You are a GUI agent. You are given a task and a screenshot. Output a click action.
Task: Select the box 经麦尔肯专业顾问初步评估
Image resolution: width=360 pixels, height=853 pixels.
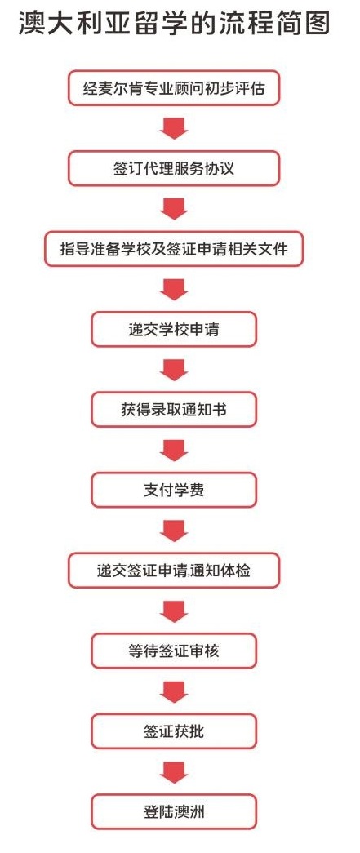pos(174,87)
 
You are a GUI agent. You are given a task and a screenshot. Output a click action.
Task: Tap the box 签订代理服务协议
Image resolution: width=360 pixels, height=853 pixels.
pos(174,168)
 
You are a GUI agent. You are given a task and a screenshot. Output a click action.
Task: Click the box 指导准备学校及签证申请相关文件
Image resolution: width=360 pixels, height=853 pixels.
pos(174,249)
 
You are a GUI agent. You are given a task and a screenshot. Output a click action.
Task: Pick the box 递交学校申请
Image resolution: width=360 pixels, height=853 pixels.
pos(174,329)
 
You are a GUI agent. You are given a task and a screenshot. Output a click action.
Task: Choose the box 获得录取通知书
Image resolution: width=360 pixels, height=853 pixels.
pos(174,410)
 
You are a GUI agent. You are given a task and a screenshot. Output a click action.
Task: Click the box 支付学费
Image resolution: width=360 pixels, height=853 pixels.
pos(174,490)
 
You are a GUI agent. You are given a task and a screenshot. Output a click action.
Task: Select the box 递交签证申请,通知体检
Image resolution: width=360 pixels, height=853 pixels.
pos(174,571)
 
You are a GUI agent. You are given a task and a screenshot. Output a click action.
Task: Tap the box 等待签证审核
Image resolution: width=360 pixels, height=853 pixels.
pos(174,651)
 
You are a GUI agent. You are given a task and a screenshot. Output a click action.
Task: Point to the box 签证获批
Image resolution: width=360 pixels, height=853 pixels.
pos(174,731)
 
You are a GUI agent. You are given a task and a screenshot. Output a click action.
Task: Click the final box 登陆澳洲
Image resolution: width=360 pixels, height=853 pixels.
pos(174,812)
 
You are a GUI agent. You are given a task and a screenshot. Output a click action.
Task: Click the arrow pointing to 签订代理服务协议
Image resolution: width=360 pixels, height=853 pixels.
pos(174,128)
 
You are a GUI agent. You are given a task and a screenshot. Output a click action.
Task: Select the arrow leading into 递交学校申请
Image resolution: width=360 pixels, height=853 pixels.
pos(174,290)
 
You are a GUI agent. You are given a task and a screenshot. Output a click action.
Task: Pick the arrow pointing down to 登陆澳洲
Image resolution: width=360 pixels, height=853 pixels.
pos(174,772)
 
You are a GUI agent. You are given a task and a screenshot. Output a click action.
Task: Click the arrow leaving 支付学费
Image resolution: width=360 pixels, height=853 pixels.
pos(174,531)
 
